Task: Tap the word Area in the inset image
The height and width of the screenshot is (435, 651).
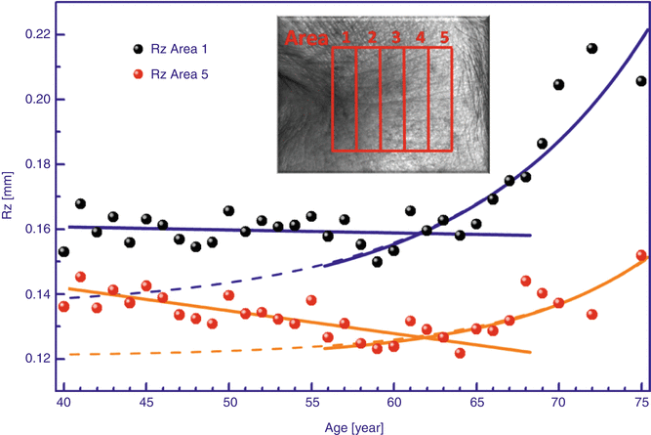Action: [306, 39]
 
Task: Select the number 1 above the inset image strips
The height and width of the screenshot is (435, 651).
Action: [346, 38]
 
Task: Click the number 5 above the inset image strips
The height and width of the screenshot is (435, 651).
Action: [444, 38]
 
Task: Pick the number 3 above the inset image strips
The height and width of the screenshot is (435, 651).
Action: [395, 38]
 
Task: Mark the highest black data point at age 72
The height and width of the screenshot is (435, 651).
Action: [591, 49]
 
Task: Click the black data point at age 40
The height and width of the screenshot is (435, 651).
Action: [63, 252]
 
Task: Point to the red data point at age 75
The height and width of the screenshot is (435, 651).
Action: [641, 256]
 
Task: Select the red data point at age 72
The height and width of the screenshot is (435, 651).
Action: [591, 315]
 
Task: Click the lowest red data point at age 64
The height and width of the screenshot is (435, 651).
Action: [460, 354]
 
